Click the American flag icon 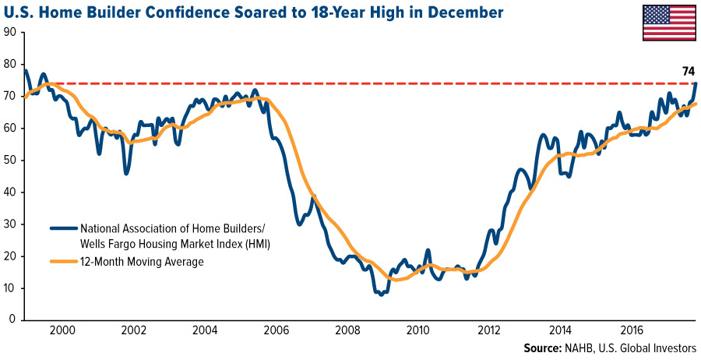669,22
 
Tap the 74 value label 688,72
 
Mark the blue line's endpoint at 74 696,83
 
